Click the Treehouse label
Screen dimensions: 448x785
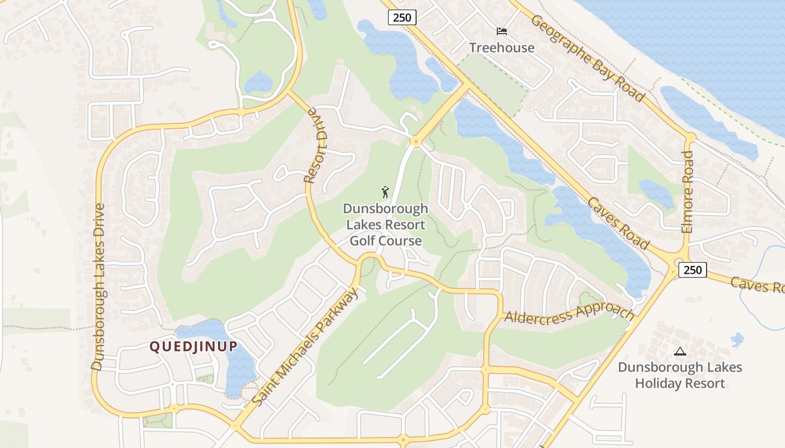pos(502,48)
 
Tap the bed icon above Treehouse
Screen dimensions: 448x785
pos(502,31)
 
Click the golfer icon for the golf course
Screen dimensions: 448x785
pos(385,193)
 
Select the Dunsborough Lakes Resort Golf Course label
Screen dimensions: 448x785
pos(385,225)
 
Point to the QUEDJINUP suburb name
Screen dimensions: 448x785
pos(193,347)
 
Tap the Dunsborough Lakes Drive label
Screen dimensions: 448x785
pos(99,286)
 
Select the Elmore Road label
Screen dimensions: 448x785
pos(688,192)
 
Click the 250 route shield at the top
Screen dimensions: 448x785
pos(402,17)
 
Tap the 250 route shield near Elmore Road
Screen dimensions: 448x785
pos(692,269)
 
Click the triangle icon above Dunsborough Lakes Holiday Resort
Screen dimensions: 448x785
pos(680,352)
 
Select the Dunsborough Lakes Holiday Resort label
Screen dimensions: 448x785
pos(680,375)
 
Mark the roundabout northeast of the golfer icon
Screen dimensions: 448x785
pos(415,141)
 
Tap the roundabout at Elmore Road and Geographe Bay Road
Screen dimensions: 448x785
pos(690,137)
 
